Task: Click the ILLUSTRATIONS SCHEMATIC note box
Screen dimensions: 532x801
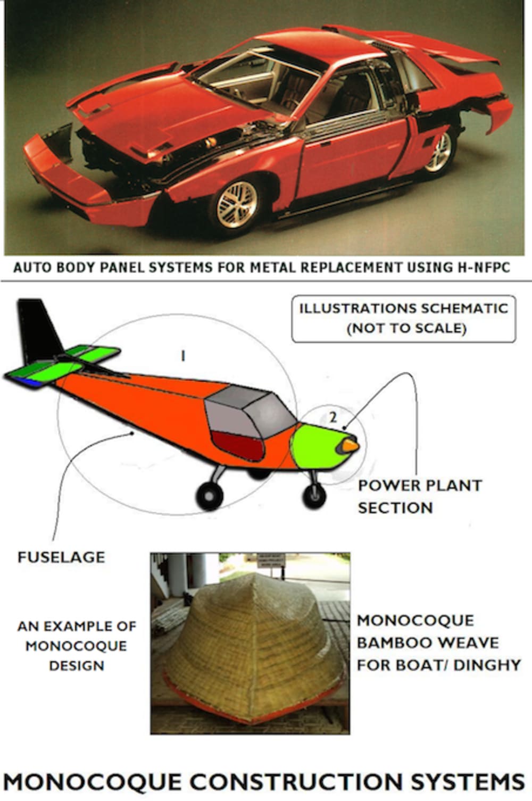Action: click(403, 318)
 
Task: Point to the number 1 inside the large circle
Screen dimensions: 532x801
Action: click(183, 356)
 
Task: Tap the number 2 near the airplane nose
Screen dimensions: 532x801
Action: click(333, 417)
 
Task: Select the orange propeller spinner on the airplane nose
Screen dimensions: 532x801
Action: click(349, 445)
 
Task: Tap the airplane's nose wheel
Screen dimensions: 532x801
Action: click(314, 495)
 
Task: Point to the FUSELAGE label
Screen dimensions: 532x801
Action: click(61, 557)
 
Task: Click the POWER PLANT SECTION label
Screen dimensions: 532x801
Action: click(419, 496)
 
